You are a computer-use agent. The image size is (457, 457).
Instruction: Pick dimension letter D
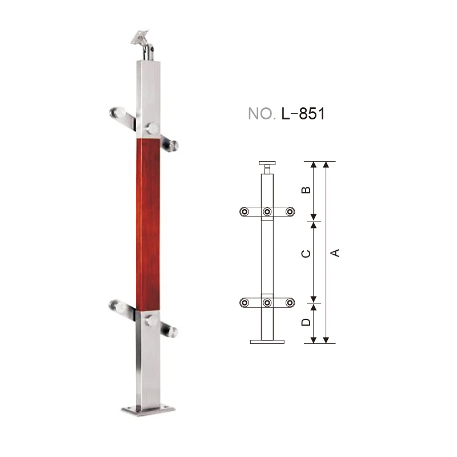click(x=306, y=322)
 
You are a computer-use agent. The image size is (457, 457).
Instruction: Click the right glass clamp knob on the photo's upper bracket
click(x=172, y=146)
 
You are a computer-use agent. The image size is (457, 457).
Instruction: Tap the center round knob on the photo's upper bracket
click(x=153, y=128)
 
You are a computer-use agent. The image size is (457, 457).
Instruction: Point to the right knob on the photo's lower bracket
click(x=171, y=331)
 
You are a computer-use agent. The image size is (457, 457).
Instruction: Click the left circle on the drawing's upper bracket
click(x=244, y=212)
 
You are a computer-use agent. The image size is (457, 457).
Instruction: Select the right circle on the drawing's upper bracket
click(x=290, y=212)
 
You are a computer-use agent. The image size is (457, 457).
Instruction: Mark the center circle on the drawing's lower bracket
click(x=267, y=302)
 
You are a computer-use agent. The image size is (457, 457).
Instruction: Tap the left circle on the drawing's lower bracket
click(x=244, y=302)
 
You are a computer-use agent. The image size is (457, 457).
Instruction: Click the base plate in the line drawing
click(x=267, y=342)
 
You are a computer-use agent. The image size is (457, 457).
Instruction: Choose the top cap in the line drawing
click(x=267, y=163)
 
